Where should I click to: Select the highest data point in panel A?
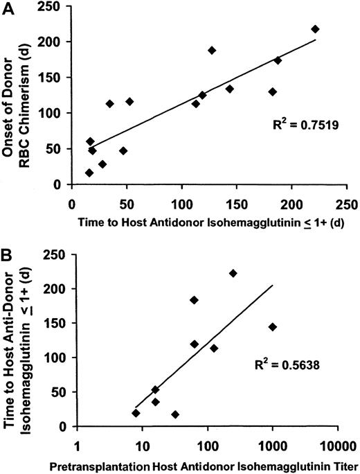click(x=315, y=29)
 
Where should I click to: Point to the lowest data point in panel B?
click(x=175, y=414)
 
